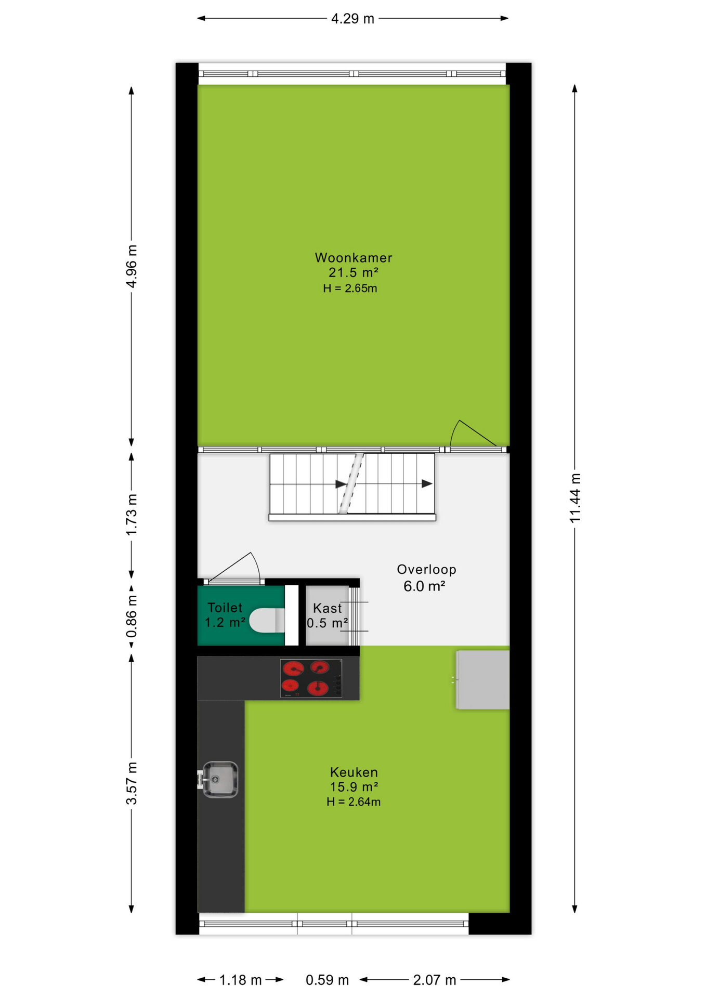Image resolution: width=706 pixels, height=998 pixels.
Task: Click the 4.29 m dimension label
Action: click(x=352, y=19)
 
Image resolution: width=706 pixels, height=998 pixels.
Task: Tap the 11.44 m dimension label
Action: click(x=574, y=498)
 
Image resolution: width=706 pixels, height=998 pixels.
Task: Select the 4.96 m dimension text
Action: click(x=132, y=266)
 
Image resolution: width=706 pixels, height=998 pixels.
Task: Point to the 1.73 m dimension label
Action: click(x=132, y=515)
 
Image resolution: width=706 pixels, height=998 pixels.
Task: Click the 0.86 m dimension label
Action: click(x=132, y=616)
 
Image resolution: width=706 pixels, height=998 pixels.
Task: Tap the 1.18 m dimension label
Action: click(x=240, y=980)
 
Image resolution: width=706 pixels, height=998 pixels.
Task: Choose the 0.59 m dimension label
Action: click(x=327, y=980)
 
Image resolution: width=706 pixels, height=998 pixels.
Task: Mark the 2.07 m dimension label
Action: click(x=435, y=980)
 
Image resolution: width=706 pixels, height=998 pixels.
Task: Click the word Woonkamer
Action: click(x=354, y=258)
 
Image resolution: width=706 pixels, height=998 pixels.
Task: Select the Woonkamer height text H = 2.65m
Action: click(x=350, y=288)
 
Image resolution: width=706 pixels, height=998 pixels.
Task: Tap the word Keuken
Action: click(x=354, y=772)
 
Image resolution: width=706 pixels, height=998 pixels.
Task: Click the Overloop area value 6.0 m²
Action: click(x=424, y=586)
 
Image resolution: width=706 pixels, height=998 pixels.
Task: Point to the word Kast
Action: click(x=328, y=608)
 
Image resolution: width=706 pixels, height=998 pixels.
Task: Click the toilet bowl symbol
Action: click(x=267, y=620)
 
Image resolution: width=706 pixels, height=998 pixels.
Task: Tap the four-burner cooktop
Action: click(x=311, y=678)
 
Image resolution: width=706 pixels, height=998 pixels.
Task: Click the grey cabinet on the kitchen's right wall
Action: click(x=482, y=680)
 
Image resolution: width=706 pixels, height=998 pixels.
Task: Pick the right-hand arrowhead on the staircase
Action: click(x=427, y=484)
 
